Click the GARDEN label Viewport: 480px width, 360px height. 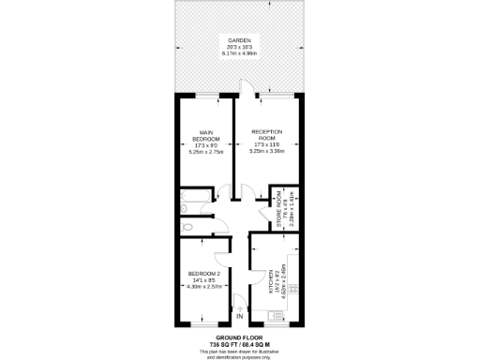coord(240,40)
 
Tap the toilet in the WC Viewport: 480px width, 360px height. coord(187,227)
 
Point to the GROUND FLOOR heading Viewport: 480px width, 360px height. coord(240,337)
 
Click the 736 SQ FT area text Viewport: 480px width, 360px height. coord(223,343)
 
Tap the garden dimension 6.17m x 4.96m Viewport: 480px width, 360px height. coord(240,54)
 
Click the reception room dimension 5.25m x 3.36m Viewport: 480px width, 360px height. coord(267,153)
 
